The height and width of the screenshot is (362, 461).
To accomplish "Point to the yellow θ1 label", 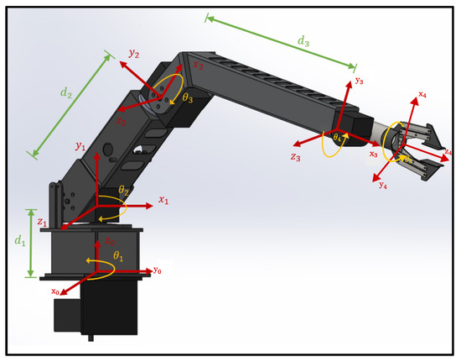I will [118, 255].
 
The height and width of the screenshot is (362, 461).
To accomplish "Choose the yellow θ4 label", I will [337, 137].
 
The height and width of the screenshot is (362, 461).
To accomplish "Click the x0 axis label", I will [56, 291].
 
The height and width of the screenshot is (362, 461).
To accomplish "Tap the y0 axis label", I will [157, 270].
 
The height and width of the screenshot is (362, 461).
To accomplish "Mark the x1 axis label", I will [164, 202].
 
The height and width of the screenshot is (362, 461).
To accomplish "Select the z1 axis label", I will [42, 222].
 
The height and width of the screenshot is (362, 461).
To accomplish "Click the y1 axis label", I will [80, 147].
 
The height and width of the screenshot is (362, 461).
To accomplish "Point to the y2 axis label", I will [133, 54].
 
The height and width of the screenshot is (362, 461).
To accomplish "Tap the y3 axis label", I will [359, 81].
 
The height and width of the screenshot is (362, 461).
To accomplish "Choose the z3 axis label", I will [295, 156].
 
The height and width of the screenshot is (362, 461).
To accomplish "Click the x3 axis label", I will [372, 155].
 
